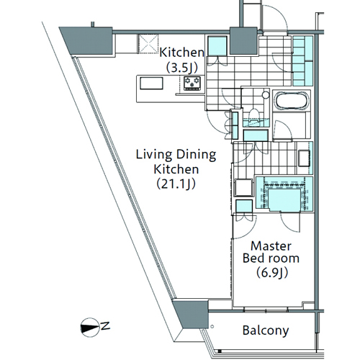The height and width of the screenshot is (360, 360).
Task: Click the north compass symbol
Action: (x=90, y=328)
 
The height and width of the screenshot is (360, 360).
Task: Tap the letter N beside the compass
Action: (x=105, y=326)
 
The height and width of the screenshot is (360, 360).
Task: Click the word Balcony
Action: (x=266, y=330)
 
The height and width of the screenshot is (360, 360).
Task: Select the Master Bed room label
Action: (x=271, y=252)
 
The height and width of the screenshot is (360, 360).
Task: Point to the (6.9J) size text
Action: (x=272, y=273)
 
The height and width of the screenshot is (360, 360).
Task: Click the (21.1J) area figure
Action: (x=176, y=184)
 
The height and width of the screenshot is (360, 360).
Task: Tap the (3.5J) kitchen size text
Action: (x=181, y=68)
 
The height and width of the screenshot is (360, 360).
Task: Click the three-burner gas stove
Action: (x=192, y=83)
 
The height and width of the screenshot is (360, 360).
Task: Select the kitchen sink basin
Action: (x=151, y=84)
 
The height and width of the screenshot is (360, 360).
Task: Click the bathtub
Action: (x=292, y=100)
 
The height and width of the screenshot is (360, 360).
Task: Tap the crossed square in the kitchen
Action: (x=148, y=44)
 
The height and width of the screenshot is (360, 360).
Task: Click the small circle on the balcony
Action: (x=212, y=326)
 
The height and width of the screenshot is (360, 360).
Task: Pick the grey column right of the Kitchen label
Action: (x=243, y=41)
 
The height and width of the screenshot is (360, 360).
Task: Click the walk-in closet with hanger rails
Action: (x=284, y=194)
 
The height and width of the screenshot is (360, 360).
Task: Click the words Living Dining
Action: (x=176, y=155)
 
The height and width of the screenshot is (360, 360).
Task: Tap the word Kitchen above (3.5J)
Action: (x=181, y=53)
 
